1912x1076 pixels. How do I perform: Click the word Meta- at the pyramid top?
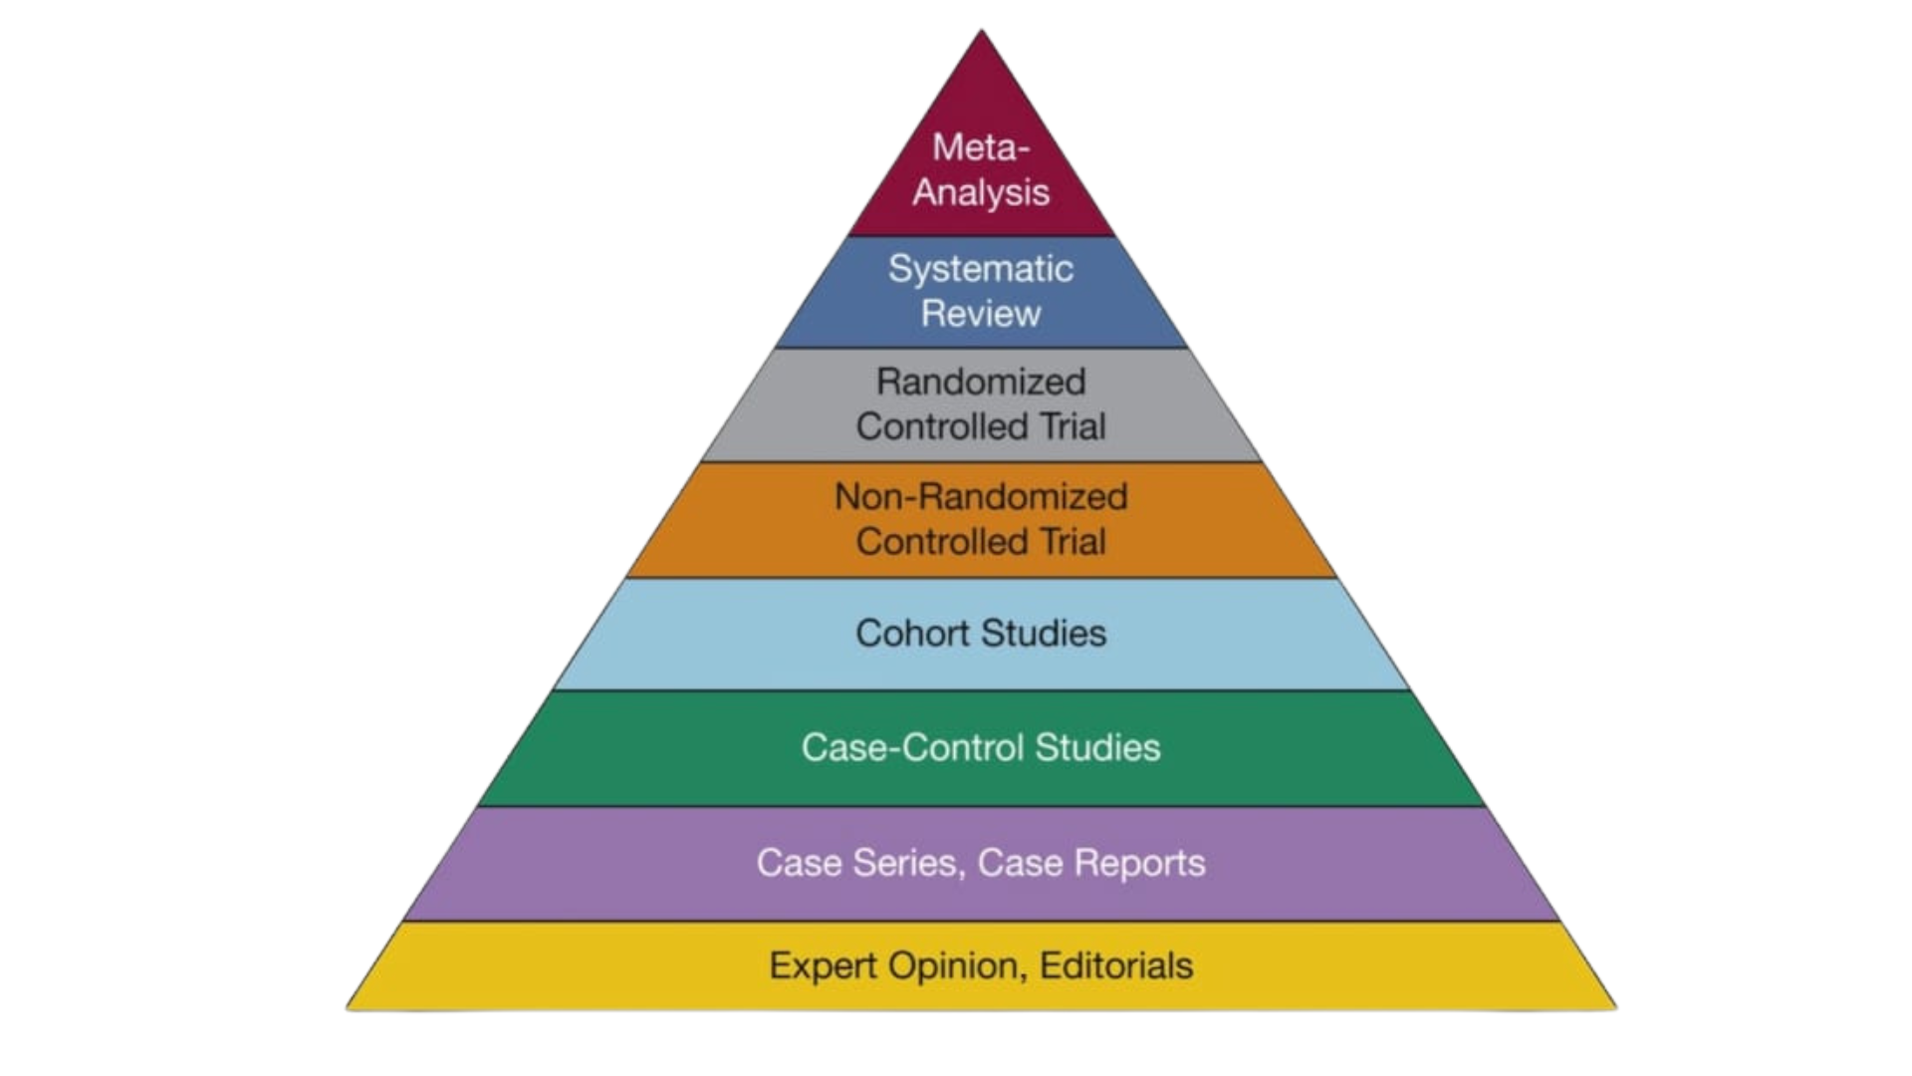click(x=980, y=147)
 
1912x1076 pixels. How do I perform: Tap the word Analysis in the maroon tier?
click(x=981, y=192)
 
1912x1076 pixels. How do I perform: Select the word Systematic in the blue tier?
click(x=981, y=269)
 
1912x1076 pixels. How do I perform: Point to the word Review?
click(x=981, y=314)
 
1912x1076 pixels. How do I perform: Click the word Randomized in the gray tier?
click(x=981, y=382)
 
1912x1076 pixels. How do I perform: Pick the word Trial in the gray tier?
click(x=1073, y=426)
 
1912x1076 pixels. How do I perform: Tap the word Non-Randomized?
click(x=981, y=496)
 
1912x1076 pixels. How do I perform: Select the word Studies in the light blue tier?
click(x=1044, y=634)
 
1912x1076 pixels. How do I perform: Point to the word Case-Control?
click(x=912, y=748)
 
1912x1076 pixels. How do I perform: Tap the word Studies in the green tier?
click(x=1097, y=748)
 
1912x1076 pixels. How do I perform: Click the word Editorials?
click(x=1116, y=966)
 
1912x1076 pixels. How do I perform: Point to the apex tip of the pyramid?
click(x=981, y=31)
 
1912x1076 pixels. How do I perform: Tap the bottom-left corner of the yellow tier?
click(x=348, y=1009)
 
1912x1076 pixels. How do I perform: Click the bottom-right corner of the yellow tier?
click(x=1616, y=1009)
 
